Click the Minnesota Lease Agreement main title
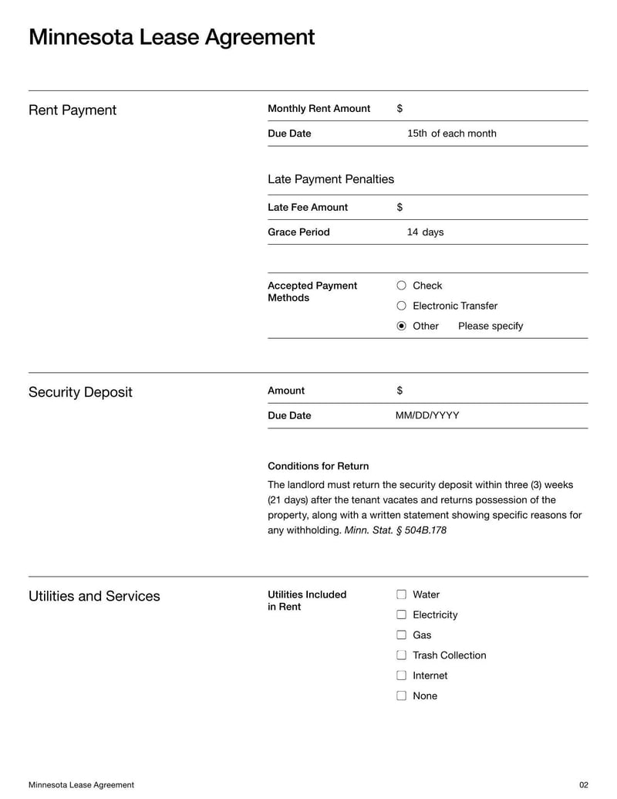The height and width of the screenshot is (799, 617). [171, 37]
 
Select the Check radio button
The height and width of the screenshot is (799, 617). [401, 286]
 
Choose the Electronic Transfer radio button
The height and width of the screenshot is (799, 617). [401, 306]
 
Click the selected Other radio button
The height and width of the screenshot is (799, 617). [401, 326]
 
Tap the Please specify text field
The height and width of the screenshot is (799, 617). [491, 326]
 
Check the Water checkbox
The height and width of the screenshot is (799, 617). [401, 594]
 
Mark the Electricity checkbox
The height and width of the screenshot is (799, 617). [401, 614]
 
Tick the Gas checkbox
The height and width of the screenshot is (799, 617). [401, 635]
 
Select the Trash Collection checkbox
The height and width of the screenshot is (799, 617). [401, 655]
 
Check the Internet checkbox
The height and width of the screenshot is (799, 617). [401, 675]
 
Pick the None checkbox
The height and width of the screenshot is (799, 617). [401, 695]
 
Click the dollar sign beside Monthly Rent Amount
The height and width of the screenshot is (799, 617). [400, 109]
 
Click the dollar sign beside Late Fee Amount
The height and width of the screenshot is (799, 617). [400, 207]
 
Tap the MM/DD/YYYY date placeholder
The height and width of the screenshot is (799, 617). [427, 415]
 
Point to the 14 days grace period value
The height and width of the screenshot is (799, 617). [425, 232]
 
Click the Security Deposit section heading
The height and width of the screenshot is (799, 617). [80, 392]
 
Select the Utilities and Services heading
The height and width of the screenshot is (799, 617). [94, 596]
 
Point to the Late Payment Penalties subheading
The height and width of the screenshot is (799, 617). [330, 179]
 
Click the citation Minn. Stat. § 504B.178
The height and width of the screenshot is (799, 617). [396, 530]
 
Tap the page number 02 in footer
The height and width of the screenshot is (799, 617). [583, 785]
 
